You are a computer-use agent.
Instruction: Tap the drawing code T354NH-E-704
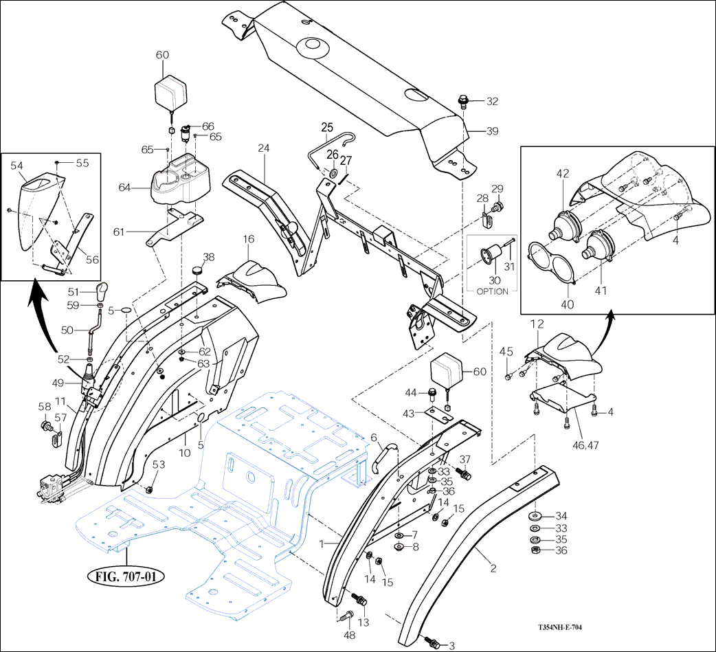[566, 627]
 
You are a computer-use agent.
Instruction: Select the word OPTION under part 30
[493, 291]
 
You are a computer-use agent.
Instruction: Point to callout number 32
[492, 102]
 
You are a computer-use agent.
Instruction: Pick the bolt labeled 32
[464, 102]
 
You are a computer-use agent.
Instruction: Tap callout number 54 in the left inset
[17, 166]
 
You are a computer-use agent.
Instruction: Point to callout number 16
[248, 238]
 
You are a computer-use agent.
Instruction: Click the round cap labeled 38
[199, 270]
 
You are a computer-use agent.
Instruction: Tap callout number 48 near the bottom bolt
[350, 636]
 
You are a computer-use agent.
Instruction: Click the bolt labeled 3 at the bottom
[432, 644]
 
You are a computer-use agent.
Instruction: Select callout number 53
[159, 466]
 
